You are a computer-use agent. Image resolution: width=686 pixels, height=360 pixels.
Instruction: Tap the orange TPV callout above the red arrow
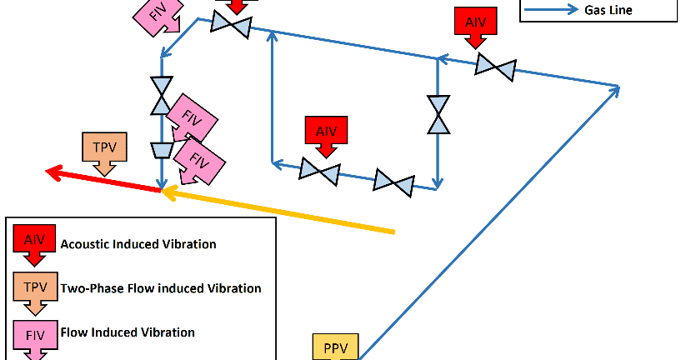coord(104,147)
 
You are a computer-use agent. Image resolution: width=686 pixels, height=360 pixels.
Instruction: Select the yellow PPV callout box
coord(335,346)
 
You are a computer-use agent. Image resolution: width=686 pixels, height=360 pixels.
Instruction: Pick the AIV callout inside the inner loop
coord(325,132)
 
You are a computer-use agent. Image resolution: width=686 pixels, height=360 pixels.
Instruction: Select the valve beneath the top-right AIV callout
coord(495,67)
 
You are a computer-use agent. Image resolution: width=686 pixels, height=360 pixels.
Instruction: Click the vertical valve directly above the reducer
coord(160,95)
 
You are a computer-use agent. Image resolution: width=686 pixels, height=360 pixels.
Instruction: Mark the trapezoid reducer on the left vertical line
coord(160,149)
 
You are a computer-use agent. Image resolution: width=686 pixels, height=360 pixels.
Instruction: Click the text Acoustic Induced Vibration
coord(138,244)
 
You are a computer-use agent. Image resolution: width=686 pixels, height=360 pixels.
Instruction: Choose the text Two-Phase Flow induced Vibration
coord(161,288)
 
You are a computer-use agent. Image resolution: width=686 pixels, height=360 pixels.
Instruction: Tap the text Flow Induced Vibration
coord(128,332)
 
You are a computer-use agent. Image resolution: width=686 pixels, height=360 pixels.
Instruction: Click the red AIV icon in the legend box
coord(34,241)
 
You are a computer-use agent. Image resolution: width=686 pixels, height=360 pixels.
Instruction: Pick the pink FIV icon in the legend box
coord(34,334)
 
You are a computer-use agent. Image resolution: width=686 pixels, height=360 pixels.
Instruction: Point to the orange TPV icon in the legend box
coord(34,287)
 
